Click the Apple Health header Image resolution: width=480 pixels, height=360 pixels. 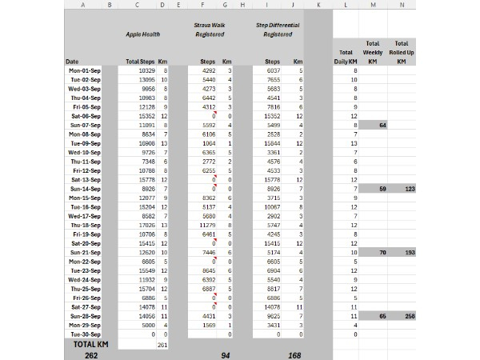tap(142, 34)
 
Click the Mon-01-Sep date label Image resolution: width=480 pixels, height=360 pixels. tap(85, 71)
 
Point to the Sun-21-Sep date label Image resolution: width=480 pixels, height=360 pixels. tap(85, 252)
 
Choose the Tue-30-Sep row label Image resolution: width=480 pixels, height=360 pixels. tap(85, 334)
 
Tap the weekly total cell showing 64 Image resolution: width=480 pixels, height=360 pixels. tap(382, 126)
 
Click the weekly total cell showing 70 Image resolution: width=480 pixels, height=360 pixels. tap(382, 252)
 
